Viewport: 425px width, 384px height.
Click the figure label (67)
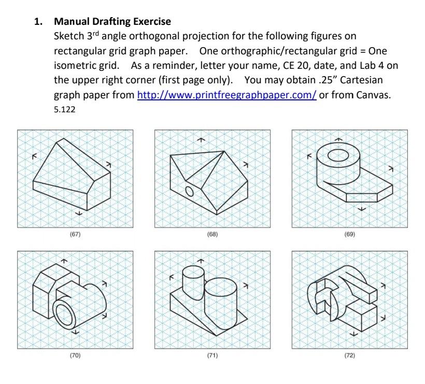75,234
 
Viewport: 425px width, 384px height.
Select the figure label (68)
212,234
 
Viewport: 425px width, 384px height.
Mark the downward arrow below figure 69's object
362,209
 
